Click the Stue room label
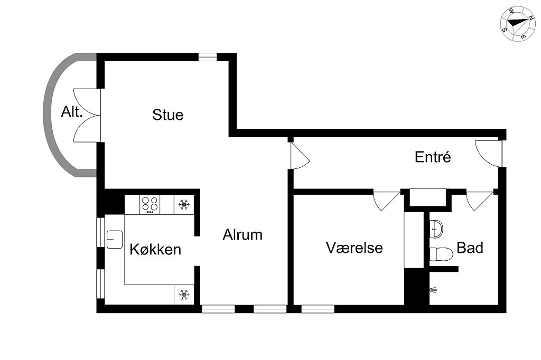[x=167, y=115]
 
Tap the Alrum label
[x=242, y=235]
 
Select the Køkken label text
[x=155, y=249]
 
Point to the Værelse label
[x=355, y=248]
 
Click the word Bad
[x=470, y=248]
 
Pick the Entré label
[x=433, y=157]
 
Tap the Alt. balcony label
[x=72, y=112]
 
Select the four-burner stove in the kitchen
[x=150, y=204]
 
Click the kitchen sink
[x=115, y=239]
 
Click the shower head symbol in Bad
[x=434, y=290]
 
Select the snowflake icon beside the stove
[x=184, y=205]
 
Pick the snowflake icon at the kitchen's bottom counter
[x=184, y=295]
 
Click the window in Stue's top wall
[x=208, y=57]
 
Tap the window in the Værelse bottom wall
[x=318, y=309]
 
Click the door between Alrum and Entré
[x=299, y=156]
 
